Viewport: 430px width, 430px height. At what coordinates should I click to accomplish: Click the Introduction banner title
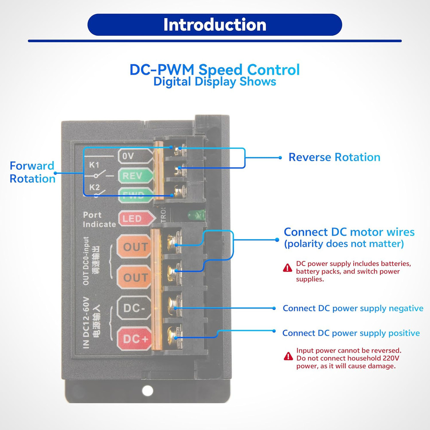pyautogui.click(x=215, y=25)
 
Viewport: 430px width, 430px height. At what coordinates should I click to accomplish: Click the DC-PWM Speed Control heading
pyautogui.click(x=215, y=70)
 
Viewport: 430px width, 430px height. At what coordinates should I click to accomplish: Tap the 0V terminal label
pyautogui.click(x=128, y=157)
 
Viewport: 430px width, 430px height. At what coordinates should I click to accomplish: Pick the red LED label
pyautogui.click(x=132, y=219)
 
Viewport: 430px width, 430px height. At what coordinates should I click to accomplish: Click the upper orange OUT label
pyautogui.click(x=135, y=247)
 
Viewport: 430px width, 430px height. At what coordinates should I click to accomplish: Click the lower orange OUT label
pyautogui.click(x=135, y=278)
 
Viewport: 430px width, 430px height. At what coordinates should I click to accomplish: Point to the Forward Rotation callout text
pyautogui.click(x=32, y=172)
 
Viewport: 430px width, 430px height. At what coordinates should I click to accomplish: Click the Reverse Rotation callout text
pyautogui.click(x=334, y=157)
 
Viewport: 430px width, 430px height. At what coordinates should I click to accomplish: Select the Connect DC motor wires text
pyautogui.click(x=349, y=233)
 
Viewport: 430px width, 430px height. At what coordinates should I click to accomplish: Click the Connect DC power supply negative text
pyautogui.click(x=353, y=308)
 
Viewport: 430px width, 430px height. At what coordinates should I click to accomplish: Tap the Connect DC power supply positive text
pyautogui.click(x=351, y=333)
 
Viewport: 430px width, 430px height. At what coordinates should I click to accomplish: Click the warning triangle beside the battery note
pyautogui.click(x=288, y=268)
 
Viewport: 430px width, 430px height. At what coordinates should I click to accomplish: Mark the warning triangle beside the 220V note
pyautogui.click(x=288, y=356)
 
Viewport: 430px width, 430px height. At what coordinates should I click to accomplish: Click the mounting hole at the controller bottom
pyautogui.click(x=147, y=390)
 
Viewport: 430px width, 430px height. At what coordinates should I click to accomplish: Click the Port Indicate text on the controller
pyautogui.click(x=99, y=219)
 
